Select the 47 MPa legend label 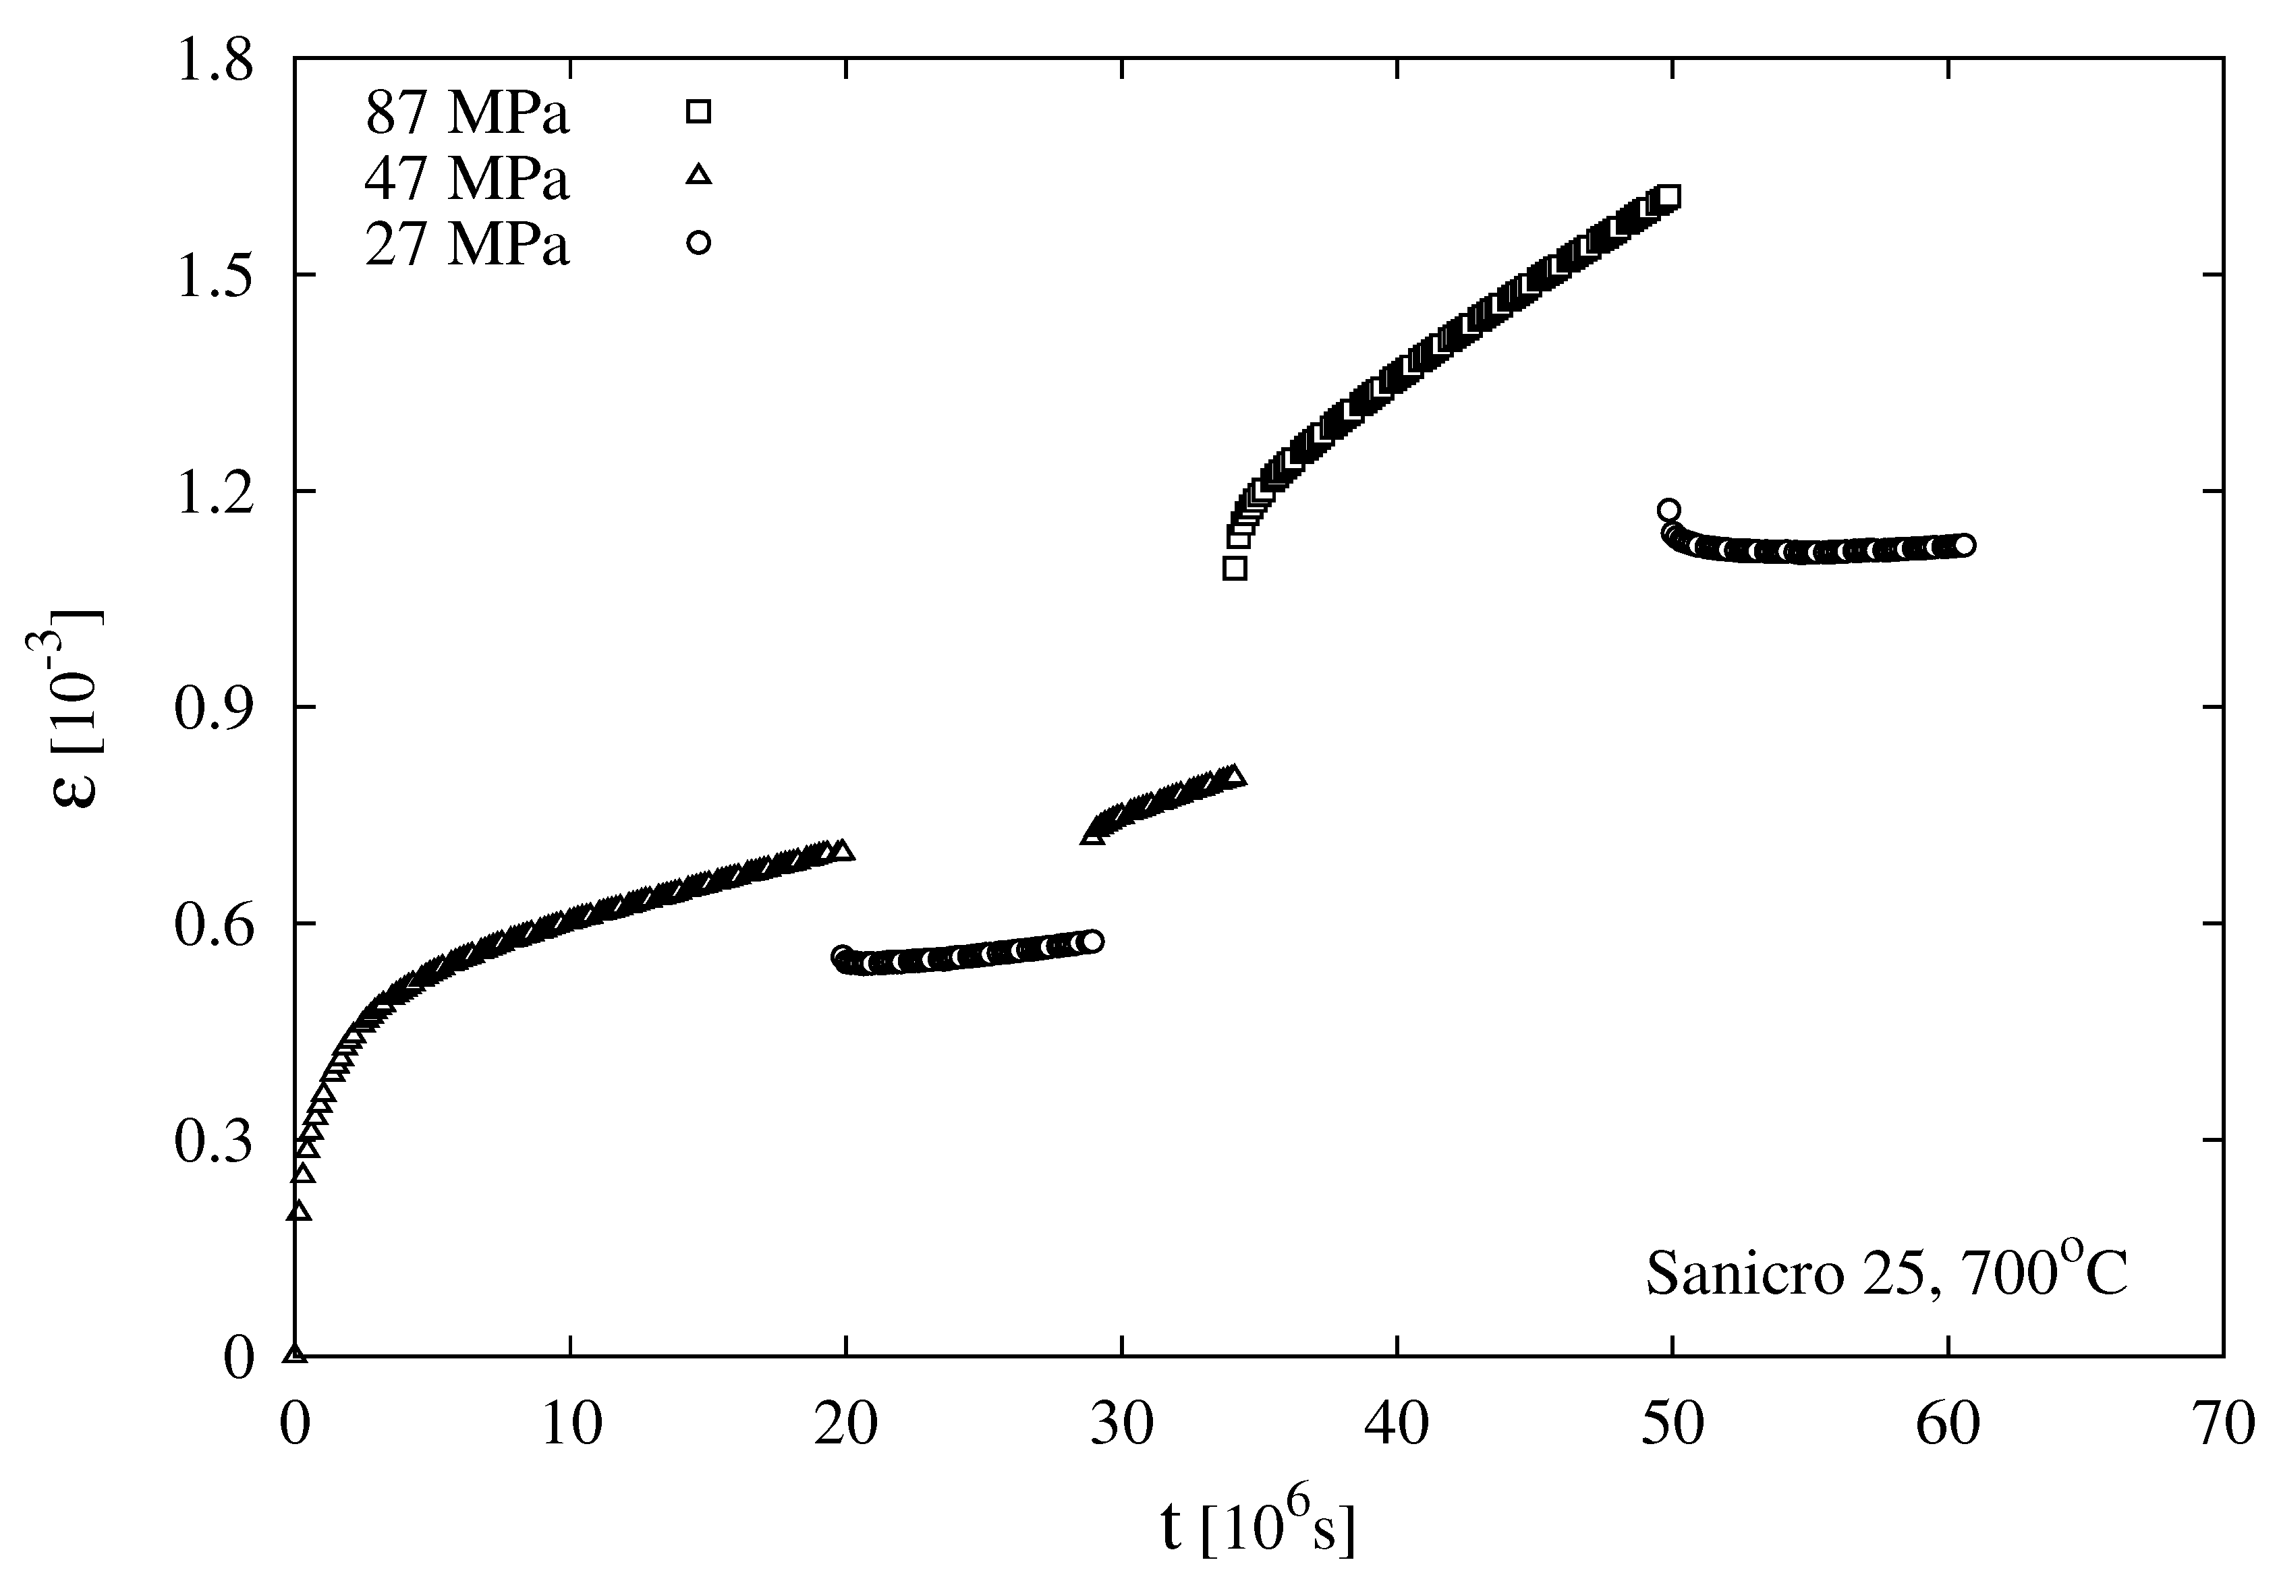pos(467,179)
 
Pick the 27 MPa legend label pos(467,245)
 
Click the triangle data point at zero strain pos(294,1353)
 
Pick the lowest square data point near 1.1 pos(1235,569)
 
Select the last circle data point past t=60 pos(1965,546)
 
